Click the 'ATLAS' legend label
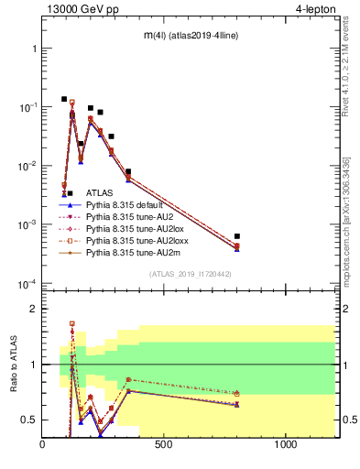(x=100, y=193)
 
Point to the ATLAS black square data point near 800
(x=237, y=236)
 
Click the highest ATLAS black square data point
(x=64, y=99)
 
